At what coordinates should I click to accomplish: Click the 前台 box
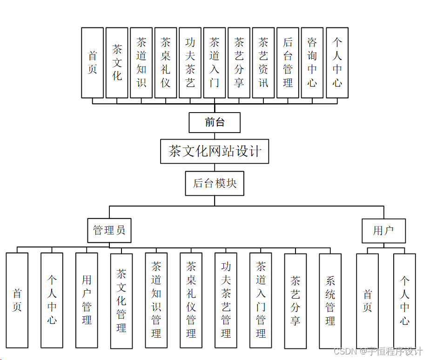(215, 123)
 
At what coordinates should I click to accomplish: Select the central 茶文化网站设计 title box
(215, 151)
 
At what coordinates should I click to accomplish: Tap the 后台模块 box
(215, 183)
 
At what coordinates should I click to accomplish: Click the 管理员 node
(109, 230)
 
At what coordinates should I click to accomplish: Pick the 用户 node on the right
(383, 230)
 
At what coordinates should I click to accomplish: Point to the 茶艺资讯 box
(263, 63)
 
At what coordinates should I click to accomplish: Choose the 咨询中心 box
(312, 63)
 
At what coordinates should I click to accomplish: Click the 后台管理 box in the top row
(288, 63)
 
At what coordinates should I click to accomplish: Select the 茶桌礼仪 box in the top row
(166, 63)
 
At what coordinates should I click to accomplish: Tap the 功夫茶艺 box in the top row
(190, 63)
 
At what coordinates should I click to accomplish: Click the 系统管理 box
(330, 301)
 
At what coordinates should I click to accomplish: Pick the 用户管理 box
(87, 300)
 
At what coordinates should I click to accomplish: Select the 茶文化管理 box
(121, 301)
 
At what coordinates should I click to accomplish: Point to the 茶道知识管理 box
(156, 300)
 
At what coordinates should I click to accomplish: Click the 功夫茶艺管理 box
(226, 300)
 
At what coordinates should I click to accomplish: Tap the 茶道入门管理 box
(261, 300)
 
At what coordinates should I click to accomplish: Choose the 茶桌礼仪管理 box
(191, 300)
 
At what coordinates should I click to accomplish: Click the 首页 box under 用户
(367, 301)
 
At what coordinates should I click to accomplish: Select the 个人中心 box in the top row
(337, 63)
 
